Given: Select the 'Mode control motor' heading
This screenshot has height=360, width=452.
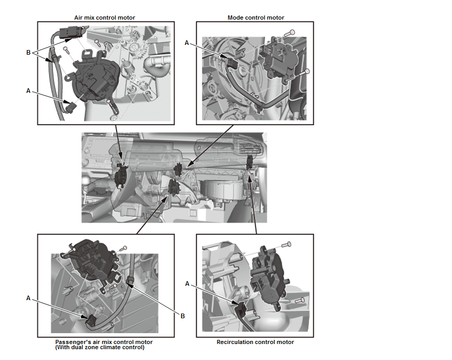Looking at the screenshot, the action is click(255, 18).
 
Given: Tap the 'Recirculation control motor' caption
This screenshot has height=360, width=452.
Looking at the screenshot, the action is click(255, 342).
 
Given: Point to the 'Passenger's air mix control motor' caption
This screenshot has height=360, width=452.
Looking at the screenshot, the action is click(104, 342).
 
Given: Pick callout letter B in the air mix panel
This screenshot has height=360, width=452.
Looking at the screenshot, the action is click(29, 52).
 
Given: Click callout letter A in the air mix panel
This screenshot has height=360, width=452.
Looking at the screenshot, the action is click(29, 90).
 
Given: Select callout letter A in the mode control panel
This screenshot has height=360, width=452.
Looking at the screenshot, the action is click(187, 43).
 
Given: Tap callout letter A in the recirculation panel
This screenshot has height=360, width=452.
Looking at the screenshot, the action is click(187, 283).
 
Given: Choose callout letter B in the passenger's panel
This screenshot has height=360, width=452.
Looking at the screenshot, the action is click(182, 316).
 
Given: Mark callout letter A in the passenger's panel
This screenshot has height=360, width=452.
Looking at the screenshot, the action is click(29, 298).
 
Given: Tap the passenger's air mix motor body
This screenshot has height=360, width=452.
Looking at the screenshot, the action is click(90, 260).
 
